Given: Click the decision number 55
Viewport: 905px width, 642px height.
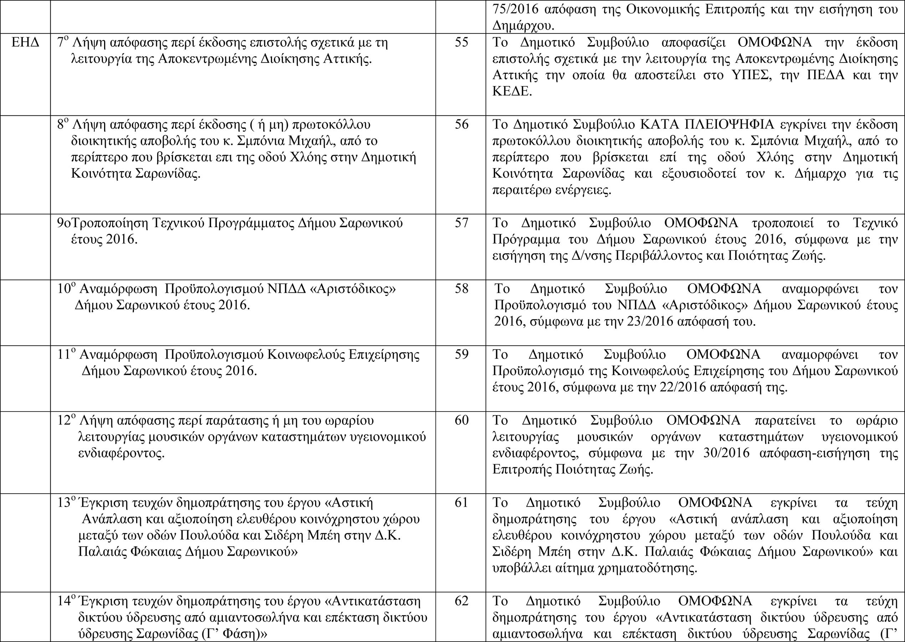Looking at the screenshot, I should coord(461,42).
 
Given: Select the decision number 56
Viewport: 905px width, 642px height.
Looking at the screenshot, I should coord(461,124).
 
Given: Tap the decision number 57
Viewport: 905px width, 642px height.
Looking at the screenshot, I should coord(461,223).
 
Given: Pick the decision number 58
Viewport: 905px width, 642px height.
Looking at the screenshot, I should coord(461,289).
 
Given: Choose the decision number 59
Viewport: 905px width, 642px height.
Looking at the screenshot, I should coord(461,354).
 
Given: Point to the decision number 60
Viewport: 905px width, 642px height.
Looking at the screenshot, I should coord(461,420).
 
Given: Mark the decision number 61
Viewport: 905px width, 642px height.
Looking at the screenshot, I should coord(461,503).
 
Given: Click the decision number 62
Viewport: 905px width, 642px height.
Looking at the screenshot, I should coord(461,601).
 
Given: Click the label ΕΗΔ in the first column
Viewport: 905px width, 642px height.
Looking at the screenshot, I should coord(25,42).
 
